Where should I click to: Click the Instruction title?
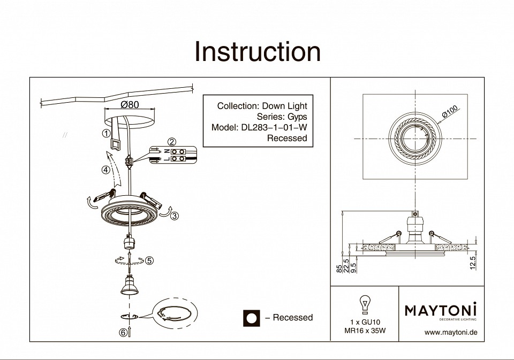258,52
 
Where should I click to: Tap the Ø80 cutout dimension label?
130,105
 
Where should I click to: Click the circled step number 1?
107,133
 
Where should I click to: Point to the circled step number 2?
172,142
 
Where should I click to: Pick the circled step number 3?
175,216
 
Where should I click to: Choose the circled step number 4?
106,170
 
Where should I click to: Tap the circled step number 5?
149,261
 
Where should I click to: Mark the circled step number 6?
123,332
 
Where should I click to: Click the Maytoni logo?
440,310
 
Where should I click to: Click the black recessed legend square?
251,318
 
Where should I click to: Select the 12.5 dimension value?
472,263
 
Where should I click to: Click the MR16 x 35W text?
365,331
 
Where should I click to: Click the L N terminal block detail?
174,155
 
